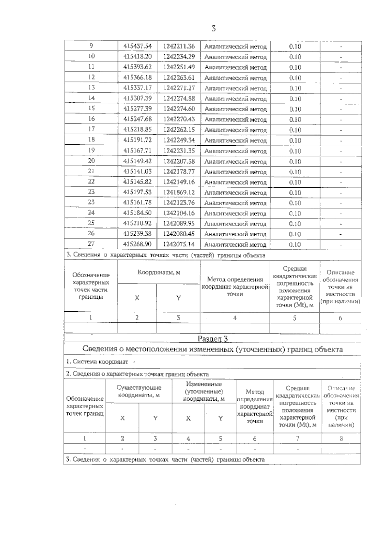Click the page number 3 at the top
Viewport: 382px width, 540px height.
(214, 29)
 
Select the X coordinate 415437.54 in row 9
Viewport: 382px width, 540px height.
(138, 46)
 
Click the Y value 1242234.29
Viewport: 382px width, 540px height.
(179, 57)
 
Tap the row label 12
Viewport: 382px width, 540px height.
(91, 77)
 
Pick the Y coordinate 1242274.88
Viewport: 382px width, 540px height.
(179, 98)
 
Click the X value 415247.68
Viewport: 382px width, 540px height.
(138, 119)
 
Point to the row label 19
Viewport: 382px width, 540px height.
(91, 150)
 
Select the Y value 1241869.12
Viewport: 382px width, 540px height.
(179, 192)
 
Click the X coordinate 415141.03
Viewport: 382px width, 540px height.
(138, 171)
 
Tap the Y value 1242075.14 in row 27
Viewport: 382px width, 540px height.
(179, 244)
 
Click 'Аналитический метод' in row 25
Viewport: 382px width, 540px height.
(235, 224)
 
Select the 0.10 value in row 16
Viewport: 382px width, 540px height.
(295, 120)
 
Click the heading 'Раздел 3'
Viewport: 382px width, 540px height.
(213, 339)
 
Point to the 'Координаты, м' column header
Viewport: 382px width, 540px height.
(159, 273)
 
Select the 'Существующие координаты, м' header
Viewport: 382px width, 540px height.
(139, 391)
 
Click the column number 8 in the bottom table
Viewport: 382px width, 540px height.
(341, 438)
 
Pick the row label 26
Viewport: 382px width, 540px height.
(91, 233)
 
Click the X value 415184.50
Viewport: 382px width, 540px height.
(138, 213)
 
